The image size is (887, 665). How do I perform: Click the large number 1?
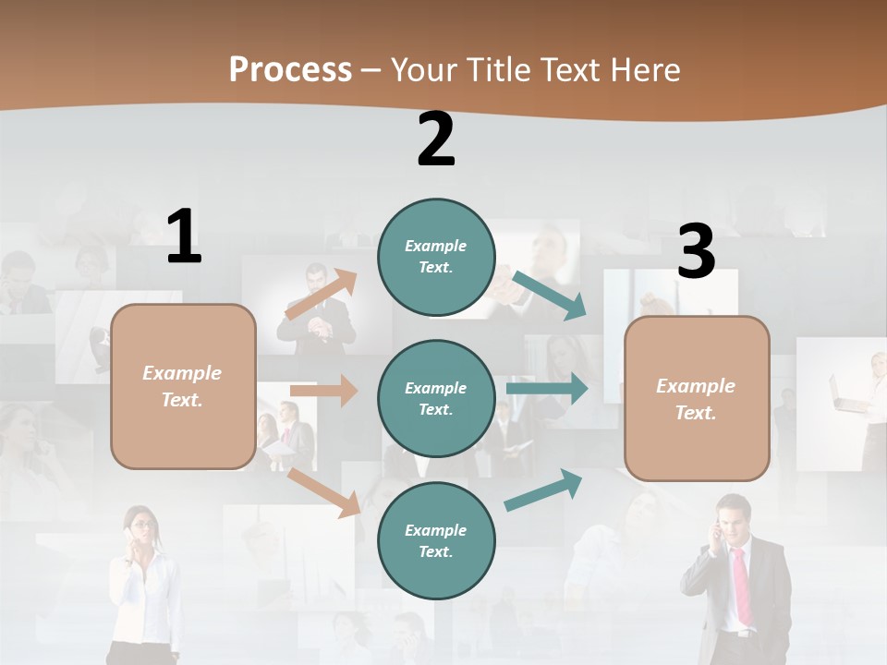(x=184, y=236)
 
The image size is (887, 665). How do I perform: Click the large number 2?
(x=436, y=139)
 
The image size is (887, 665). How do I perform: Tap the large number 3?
(x=696, y=252)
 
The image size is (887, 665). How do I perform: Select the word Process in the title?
(x=290, y=69)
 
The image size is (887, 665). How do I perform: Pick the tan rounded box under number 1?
(x=183, y=386)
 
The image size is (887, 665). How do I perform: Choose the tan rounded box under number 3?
(x=697, y=398)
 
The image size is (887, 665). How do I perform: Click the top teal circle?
(x=436, y=257)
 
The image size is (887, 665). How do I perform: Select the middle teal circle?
(x=436, y=398)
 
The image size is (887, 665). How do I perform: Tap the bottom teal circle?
(x=436, y=540)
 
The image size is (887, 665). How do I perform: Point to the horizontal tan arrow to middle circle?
(x=323, y=391)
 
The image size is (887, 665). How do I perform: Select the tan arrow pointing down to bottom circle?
(x=324, y=491)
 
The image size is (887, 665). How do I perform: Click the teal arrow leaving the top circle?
(x=550, y=296)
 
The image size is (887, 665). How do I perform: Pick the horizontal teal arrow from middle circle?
(x=546, y=388)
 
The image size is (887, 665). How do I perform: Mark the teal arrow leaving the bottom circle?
(x=543, y=490)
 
